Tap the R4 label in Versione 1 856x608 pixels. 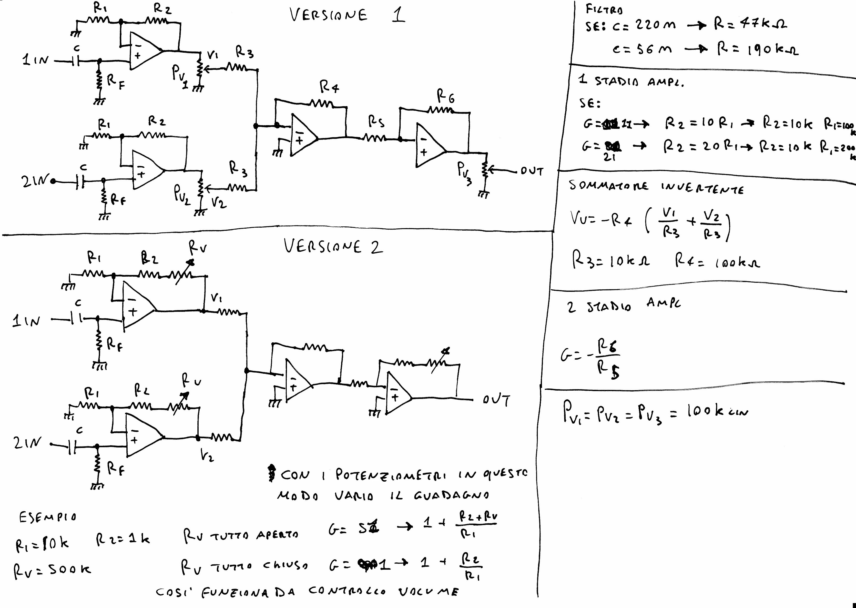pos(329,88)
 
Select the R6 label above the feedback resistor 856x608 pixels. pos(446,97)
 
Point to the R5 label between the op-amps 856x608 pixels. pos(376,122)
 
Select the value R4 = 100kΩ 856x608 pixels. pos(717,261)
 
